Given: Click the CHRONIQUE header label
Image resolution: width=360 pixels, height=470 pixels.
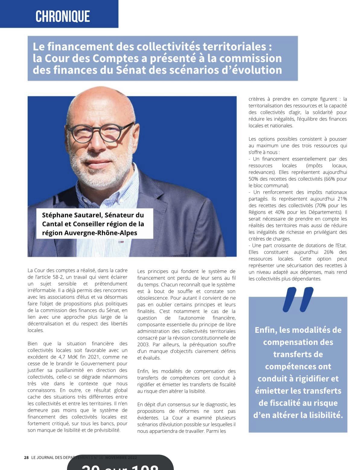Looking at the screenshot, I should [x=62, y=16].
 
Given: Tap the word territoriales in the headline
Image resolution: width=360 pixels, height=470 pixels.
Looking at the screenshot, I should [x=234, y=47].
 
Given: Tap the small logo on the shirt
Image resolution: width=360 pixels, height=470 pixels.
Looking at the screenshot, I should [x=121, y=241].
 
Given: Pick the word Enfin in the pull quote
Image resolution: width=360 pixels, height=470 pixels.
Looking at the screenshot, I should [x=266, y=330].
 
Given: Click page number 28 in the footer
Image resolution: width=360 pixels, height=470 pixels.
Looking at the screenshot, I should [x=26, y=457].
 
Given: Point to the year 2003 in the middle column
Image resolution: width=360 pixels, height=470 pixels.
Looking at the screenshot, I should [x=143, y=345].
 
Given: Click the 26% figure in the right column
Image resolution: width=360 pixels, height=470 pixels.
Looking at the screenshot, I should [x=328, y=252].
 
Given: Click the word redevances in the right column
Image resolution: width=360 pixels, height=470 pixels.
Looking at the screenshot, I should [x=261, y=172].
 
